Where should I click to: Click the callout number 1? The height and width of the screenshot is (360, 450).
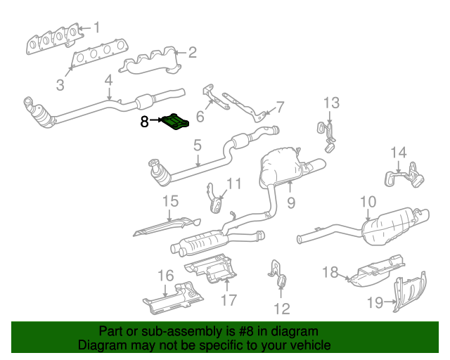(x=97, y=28)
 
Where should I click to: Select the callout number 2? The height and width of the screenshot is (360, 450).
(x=192, y=51)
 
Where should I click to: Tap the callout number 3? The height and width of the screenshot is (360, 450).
(x=60, y=86)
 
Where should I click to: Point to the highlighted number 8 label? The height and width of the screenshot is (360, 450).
(x=144, y=122)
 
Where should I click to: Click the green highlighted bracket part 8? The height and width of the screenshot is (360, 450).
(x=176, y=123)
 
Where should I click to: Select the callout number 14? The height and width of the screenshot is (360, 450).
(x=399, y=152)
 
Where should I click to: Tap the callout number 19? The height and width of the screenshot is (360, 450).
(x=374, y=303)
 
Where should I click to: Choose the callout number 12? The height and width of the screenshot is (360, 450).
(x=281, y=308)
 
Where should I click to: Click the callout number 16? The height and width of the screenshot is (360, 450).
(x=165, y=275)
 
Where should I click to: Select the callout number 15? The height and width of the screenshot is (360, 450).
(x=171, y=202)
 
